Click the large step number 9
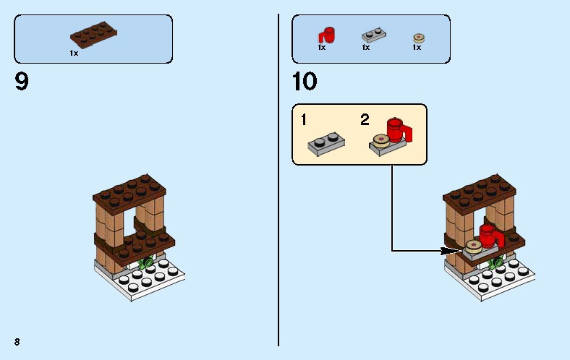(x=22, y=82)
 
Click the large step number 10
(x=305, y=82)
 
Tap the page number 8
(x=16, y=340)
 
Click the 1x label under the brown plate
(x=74, y=53)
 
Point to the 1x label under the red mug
(x=322, y=48)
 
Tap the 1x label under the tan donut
(x=417, y=48)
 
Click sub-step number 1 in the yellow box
(x=305, y=119)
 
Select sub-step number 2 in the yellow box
(x=365, y=119)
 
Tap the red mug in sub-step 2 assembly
(x=397, y=130)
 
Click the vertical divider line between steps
(x=278, y=181)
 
